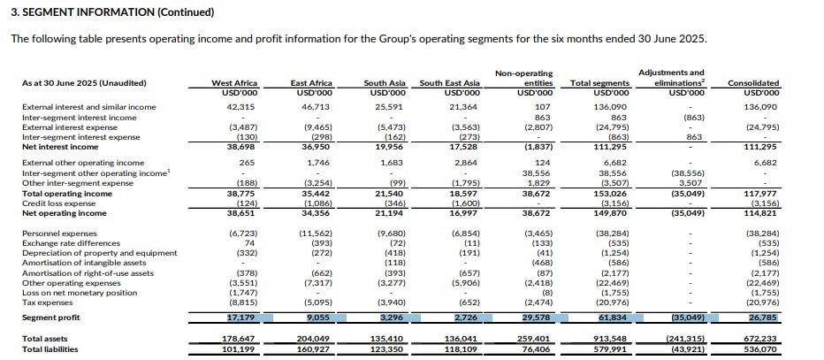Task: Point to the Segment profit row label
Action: coord(52,316)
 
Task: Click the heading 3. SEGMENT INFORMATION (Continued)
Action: coord(111,12)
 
